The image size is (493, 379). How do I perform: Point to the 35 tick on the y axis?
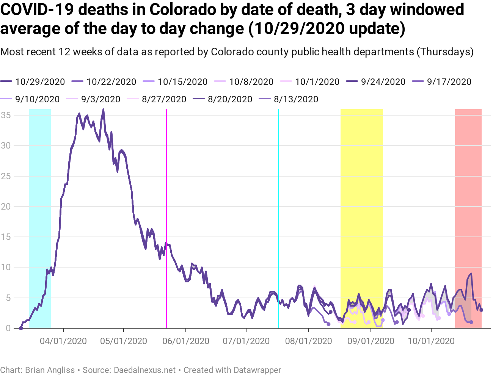tap(6, 115)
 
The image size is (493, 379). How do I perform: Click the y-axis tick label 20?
tap(6, 207)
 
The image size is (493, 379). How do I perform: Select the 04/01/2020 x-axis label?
tap(63, 341)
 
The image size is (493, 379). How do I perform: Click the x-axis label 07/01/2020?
tap(246, 341)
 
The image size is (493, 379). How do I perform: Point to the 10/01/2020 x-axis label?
tap(431, 341)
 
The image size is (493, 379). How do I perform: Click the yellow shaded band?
tap(361, 189)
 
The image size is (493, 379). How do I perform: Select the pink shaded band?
tap(468, 189)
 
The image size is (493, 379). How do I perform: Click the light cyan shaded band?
tap(40, 189)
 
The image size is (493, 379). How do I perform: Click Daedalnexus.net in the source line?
tap(145, 370)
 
